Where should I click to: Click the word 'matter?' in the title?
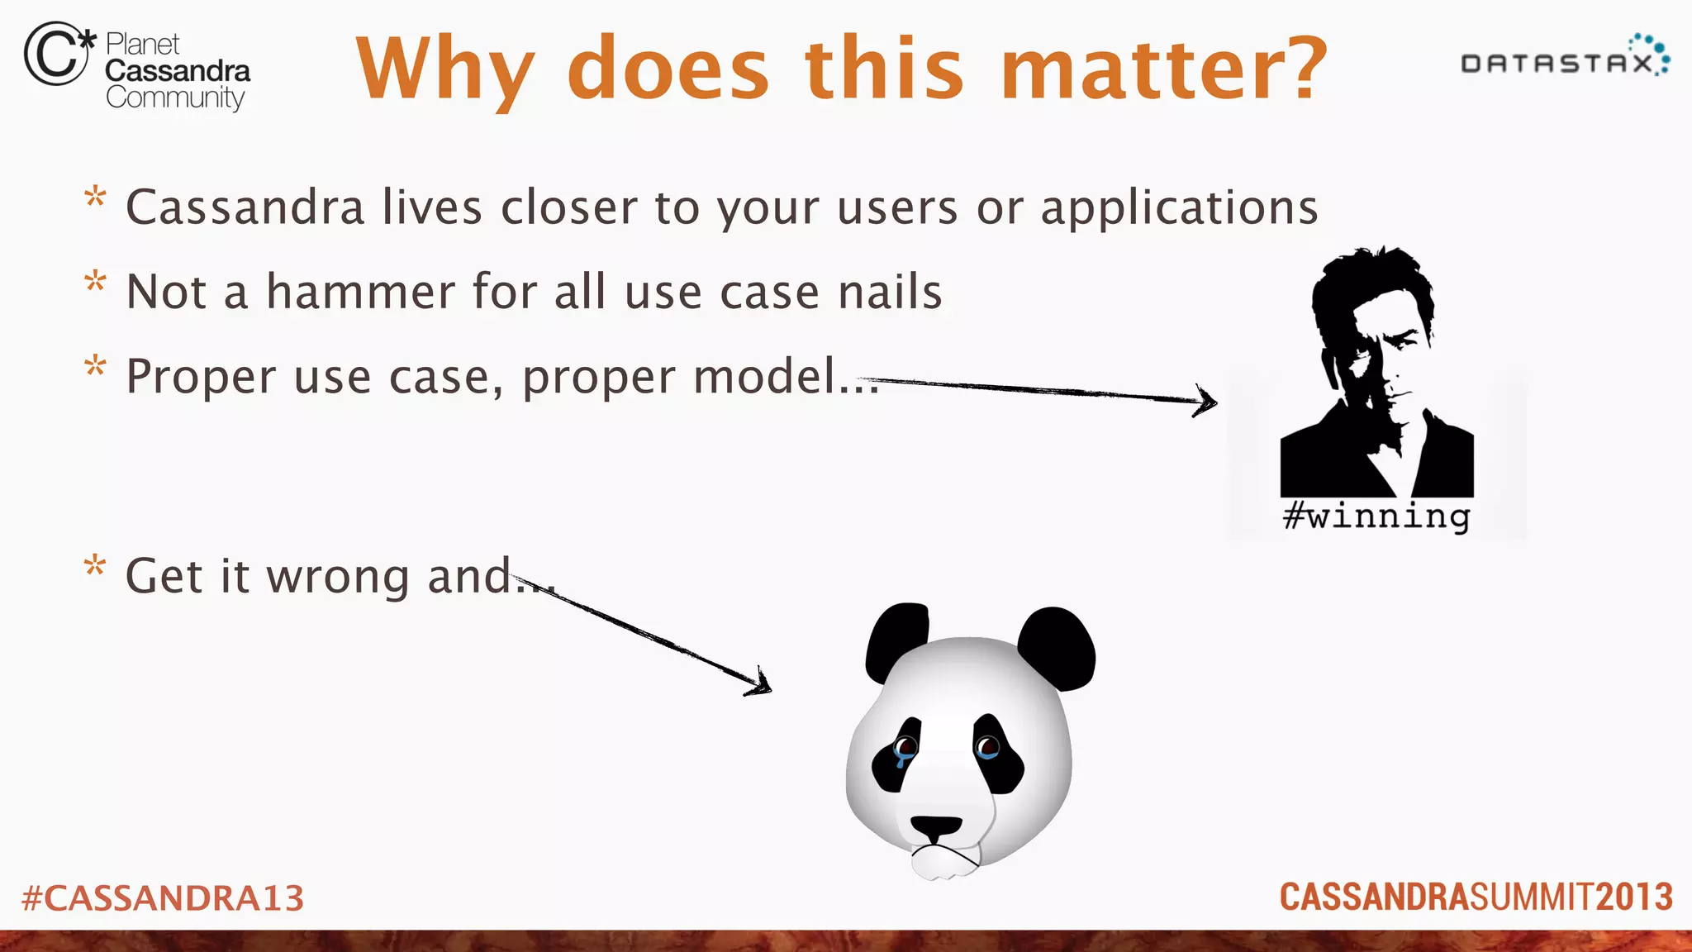click(1163, 69)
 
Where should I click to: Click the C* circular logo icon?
click(56, 54)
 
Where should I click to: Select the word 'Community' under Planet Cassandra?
click(175, 98)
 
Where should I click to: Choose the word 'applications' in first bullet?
click(1179, 207)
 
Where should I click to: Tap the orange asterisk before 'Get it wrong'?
click(95, 567)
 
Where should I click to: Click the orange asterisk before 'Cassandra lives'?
click(95, 198)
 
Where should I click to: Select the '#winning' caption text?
click(1376, 516)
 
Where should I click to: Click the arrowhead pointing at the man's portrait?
click(1206, 401)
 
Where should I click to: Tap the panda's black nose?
click(936, 827)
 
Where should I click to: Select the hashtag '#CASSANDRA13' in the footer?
click(163, 898)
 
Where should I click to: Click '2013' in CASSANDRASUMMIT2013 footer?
click(1633, 897)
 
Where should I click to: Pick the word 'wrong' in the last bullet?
click(337, 576)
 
